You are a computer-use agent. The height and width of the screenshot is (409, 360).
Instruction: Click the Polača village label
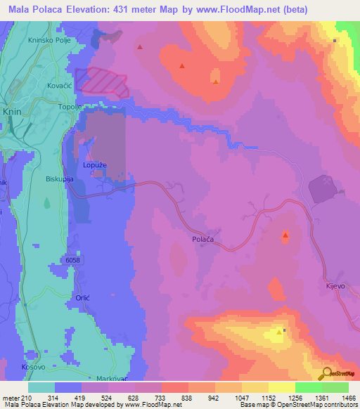[x=202, y=240]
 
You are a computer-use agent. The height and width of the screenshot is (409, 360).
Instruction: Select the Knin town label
[x=12, y=112]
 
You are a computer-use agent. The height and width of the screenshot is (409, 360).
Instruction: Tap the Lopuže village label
[x=96, y=164]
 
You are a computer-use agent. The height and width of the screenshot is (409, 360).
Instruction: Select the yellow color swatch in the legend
[x=281, y=387]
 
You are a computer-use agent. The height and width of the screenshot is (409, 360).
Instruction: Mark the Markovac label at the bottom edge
[x=111, y=377]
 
